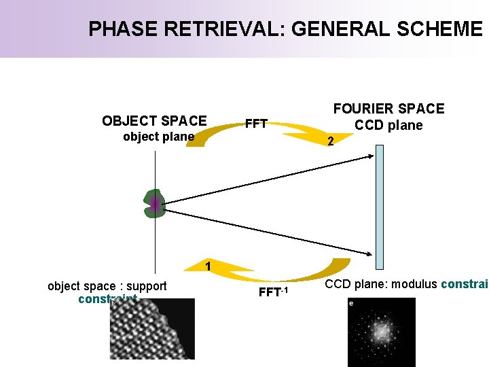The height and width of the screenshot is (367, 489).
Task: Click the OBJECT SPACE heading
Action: click(x=154, y=121)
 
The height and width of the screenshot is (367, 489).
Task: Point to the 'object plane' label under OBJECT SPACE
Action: click(x=158, y=137)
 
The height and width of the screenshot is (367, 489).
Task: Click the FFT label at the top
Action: click(x=256, y=124)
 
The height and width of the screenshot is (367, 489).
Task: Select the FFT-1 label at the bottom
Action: click(x=274, y=293)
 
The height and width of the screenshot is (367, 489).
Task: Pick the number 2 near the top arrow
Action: click(x=330, y=142)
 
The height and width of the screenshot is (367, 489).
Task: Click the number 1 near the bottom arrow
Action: click(x=208, y=266)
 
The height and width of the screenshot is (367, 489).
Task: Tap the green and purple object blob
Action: click(x=155, y=203)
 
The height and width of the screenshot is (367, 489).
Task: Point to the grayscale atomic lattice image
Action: click(x=152, y=329)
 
